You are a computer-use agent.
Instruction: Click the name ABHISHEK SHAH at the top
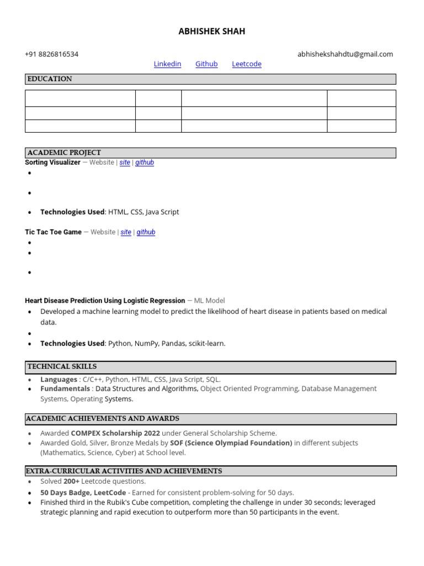point(211,32)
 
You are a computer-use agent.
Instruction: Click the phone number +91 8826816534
point(51,54)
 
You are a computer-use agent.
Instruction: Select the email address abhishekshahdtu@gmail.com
point(345,54)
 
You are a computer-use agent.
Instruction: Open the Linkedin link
point(167,64)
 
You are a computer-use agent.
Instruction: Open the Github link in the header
point(206,64)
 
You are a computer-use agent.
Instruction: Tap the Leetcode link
point(246,64)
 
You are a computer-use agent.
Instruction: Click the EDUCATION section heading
point(50,79)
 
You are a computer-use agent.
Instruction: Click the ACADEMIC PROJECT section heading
point(64,153)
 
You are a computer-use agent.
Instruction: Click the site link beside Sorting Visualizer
point(125,163)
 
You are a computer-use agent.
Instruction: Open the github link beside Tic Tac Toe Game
point(146,232)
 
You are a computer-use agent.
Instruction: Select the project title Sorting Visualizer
point(52,163)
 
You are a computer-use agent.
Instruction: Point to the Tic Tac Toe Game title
point(53,232)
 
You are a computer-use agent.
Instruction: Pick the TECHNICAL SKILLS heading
point(62,366)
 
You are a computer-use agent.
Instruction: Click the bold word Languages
point(59,380)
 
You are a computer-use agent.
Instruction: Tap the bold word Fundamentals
point(65,389)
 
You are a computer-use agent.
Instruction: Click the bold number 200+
point(71,481)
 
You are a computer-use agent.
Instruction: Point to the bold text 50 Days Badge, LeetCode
point(83,492)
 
